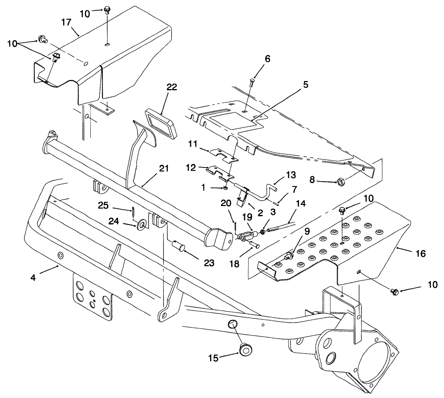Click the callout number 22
171,87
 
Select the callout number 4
33,278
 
